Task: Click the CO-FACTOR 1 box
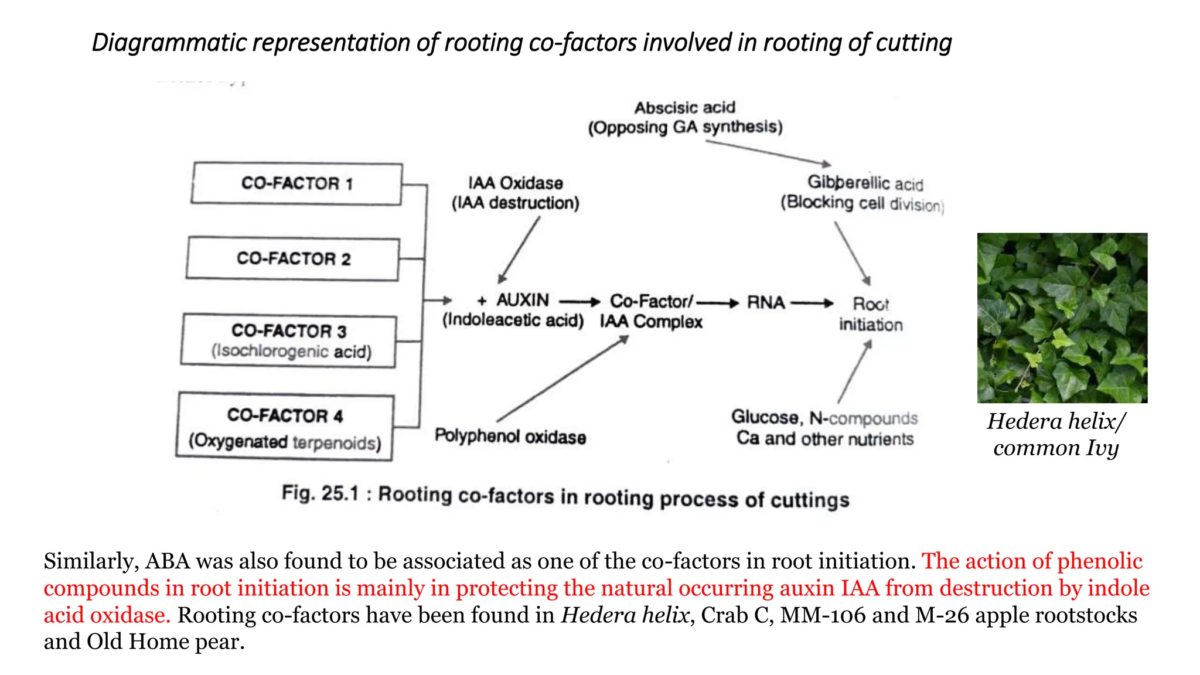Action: [296, 184]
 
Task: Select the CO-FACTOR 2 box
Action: [293, 259]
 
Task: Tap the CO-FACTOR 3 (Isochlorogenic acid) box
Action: [289, 341]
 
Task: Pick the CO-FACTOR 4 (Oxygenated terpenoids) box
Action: [285, 427]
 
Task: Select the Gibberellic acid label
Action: [865, 183]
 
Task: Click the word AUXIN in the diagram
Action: [523, 300]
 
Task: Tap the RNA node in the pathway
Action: [765, 303]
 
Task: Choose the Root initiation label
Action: [871, 314]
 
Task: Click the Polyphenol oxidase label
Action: [510, 437]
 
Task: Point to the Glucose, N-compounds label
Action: [824, 418]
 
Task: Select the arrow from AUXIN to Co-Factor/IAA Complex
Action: [579, 302]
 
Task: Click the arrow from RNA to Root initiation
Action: [812, 303]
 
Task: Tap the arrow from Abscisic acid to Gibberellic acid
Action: [768, 152]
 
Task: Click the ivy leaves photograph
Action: [1062, 318]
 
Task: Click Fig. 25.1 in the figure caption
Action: [320, 493]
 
